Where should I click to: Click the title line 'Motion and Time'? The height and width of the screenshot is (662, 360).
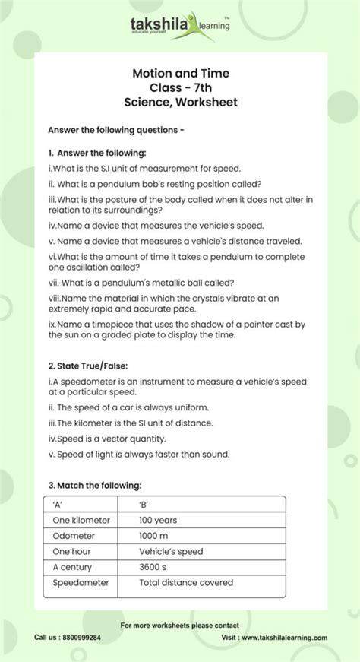click(180, 74)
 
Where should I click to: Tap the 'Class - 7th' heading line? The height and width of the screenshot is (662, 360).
click(180, 87)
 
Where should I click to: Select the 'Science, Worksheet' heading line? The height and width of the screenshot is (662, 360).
click(180, 102)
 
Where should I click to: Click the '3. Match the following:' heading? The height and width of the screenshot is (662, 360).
click(94, 485)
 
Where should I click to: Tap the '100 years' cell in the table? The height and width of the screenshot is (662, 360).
click(158, 520)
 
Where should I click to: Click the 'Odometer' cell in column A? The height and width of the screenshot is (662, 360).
click(74, 536)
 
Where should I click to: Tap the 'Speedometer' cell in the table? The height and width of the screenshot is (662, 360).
click(81, 583)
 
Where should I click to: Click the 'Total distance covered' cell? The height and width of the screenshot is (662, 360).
click(185, 583)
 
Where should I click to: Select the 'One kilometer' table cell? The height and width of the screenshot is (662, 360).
click(81, 520)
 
